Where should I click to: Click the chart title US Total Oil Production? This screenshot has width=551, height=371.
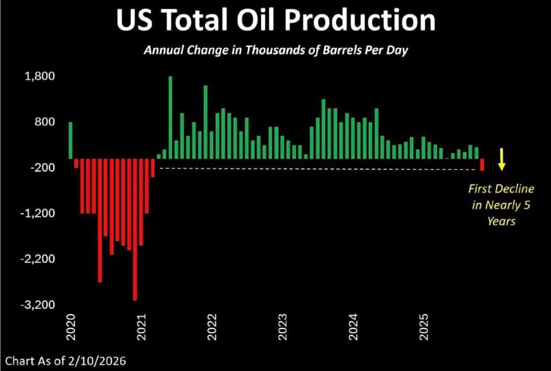pyautogui.click(x=275, y=21)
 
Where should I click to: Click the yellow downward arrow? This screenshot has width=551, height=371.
pyautogui.click(x=503, y=159)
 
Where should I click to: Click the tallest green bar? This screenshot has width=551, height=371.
pyautogui.click(x=170, y=117)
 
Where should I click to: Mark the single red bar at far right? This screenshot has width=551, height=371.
pyautogui.click(x=482, y=165)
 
